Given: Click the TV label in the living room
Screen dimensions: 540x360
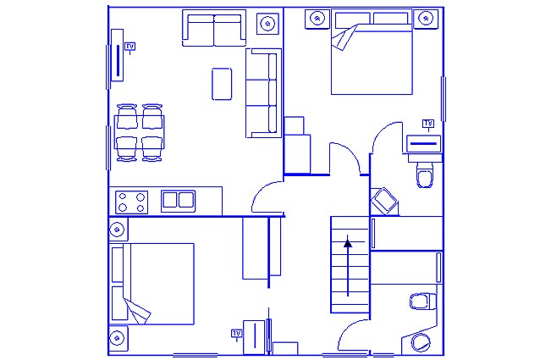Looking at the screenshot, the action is (129, 47).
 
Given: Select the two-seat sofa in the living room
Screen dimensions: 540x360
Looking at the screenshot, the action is (214, 28).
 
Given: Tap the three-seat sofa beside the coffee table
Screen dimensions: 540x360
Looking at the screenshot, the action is (263, 93).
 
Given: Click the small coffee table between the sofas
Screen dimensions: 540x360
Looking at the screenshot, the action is (222, 84).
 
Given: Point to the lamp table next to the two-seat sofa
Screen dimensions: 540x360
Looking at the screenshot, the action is (267, 24).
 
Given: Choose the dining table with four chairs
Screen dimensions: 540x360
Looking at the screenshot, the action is (139, 133).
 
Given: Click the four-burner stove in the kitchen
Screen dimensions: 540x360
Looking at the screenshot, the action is (131, 202).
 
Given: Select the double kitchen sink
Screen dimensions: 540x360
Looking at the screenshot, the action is (178, 201).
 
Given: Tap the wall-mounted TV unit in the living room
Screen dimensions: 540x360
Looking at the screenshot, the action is (117, 55).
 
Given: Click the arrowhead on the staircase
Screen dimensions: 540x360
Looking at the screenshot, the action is (348, 244).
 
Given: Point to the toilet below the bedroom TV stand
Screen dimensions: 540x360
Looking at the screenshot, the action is (425, 174).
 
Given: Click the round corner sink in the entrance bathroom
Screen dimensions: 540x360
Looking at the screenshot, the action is (421, 342).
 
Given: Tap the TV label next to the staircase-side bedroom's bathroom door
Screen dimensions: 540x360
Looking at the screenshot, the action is (428, 124).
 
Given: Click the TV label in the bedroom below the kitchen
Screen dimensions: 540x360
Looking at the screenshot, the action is (237, 334).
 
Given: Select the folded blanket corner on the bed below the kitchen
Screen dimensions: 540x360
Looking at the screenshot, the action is (137, 311).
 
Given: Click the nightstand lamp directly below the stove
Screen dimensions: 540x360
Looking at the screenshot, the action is (118, 230).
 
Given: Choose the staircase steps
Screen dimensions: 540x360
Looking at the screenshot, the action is (350, 264).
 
